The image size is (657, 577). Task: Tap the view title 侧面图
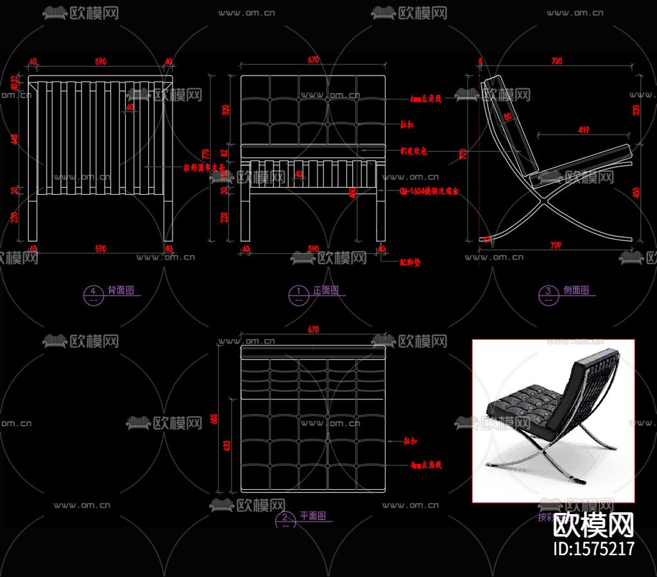(x=576, y=290)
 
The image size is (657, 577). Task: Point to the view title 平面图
(x=313, y=515)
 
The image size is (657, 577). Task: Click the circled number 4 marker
(x=93, y=292)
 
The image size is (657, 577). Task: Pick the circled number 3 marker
(x=548, y=292)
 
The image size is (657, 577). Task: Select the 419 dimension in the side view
(x=583, y=130)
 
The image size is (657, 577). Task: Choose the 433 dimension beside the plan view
(x=226, y=446)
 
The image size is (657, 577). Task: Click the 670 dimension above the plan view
(x=313, y=330)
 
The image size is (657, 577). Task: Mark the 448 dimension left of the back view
(x=15, y=138)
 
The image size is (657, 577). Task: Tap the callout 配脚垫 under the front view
(x=410, y=262)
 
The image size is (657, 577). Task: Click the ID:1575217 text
(x=593, y=548)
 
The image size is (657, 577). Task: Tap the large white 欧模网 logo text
(x=593, y=525)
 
